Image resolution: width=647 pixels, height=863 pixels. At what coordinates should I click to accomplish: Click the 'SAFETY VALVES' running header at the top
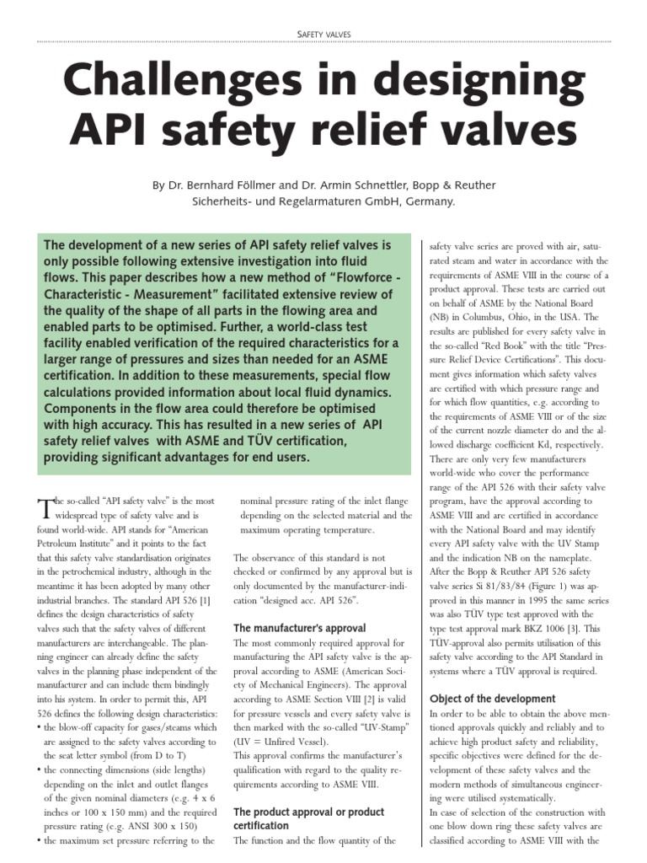[323, 35]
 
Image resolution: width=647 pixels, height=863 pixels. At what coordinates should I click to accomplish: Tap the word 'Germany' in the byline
[426, 201]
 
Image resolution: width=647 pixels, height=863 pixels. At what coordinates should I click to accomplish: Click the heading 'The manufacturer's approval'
[299, 628]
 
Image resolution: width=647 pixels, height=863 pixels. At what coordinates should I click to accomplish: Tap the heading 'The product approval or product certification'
[308, 818]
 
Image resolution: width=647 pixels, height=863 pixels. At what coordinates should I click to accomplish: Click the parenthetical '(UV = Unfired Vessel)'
[284, 742]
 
